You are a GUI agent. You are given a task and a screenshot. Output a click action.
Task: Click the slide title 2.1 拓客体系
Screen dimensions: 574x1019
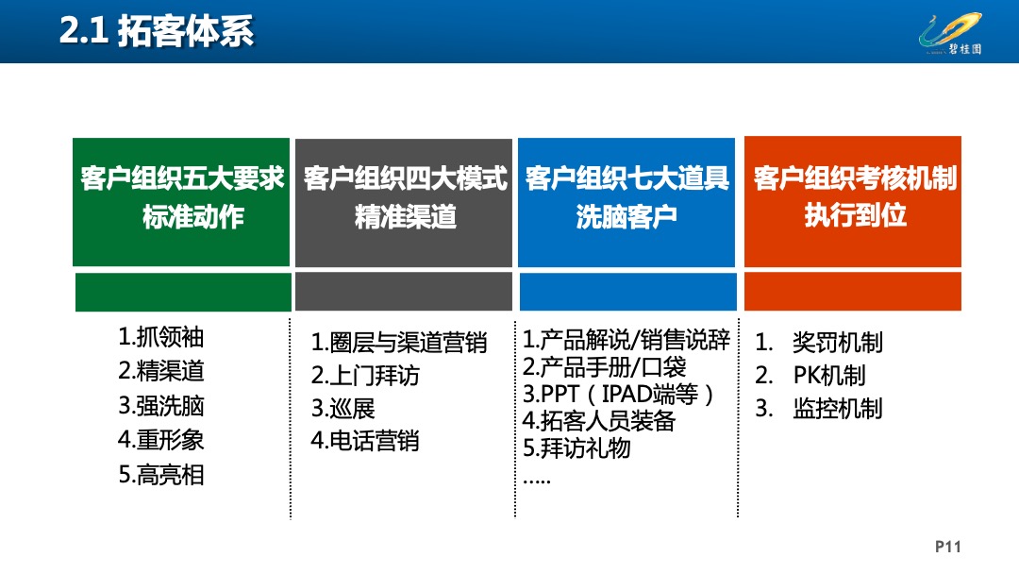pyautogui.click(x=156, y=32)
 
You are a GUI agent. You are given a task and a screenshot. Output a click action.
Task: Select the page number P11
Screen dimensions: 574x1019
pyautogui.click(x=947, y=547)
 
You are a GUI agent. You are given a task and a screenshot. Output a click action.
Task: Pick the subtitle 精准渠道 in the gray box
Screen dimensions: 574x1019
pyautogui.click(x=406, y=217)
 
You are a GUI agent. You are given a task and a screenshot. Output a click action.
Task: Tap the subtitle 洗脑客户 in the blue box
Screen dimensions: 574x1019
pyautogui.click(x=627, y=217)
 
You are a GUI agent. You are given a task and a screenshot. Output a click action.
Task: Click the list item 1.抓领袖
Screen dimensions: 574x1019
pyautogui.click(x=161, y=337)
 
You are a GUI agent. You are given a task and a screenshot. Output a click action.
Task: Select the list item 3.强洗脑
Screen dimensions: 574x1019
pyautogui.click(x=161, y=406)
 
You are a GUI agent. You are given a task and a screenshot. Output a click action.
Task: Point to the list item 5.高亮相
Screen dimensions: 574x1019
pyautogui.click(x=161, y=475)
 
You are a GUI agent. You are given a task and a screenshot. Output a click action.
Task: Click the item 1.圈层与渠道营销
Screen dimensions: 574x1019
pyautogui.click(x=399, y=343)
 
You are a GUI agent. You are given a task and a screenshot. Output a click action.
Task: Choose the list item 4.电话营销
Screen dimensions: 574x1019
pyautogui.click(x=365, y=441)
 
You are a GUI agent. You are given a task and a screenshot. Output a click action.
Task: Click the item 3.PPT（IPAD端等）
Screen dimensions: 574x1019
pyautogui.click(x=619, y=394)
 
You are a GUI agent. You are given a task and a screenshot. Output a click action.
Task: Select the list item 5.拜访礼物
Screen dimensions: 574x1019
pyautogui.click(x=576, y=447)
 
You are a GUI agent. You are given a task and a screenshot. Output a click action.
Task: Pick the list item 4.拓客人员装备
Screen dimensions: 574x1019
pyautogui.click(x=599, y=421)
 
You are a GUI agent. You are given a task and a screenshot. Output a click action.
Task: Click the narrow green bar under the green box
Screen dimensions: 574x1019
pyautogui.click(x=183, y=293)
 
